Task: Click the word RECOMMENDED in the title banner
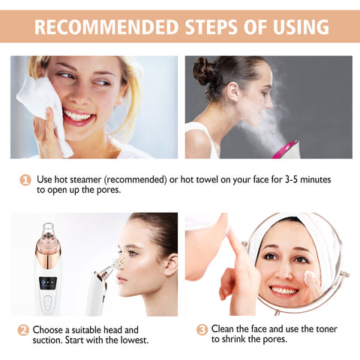coord(97,27)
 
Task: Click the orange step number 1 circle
coord(25,180)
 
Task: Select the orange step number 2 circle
coord(24,330)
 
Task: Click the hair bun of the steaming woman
coord(204,72)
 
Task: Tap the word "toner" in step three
coord(323,329)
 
